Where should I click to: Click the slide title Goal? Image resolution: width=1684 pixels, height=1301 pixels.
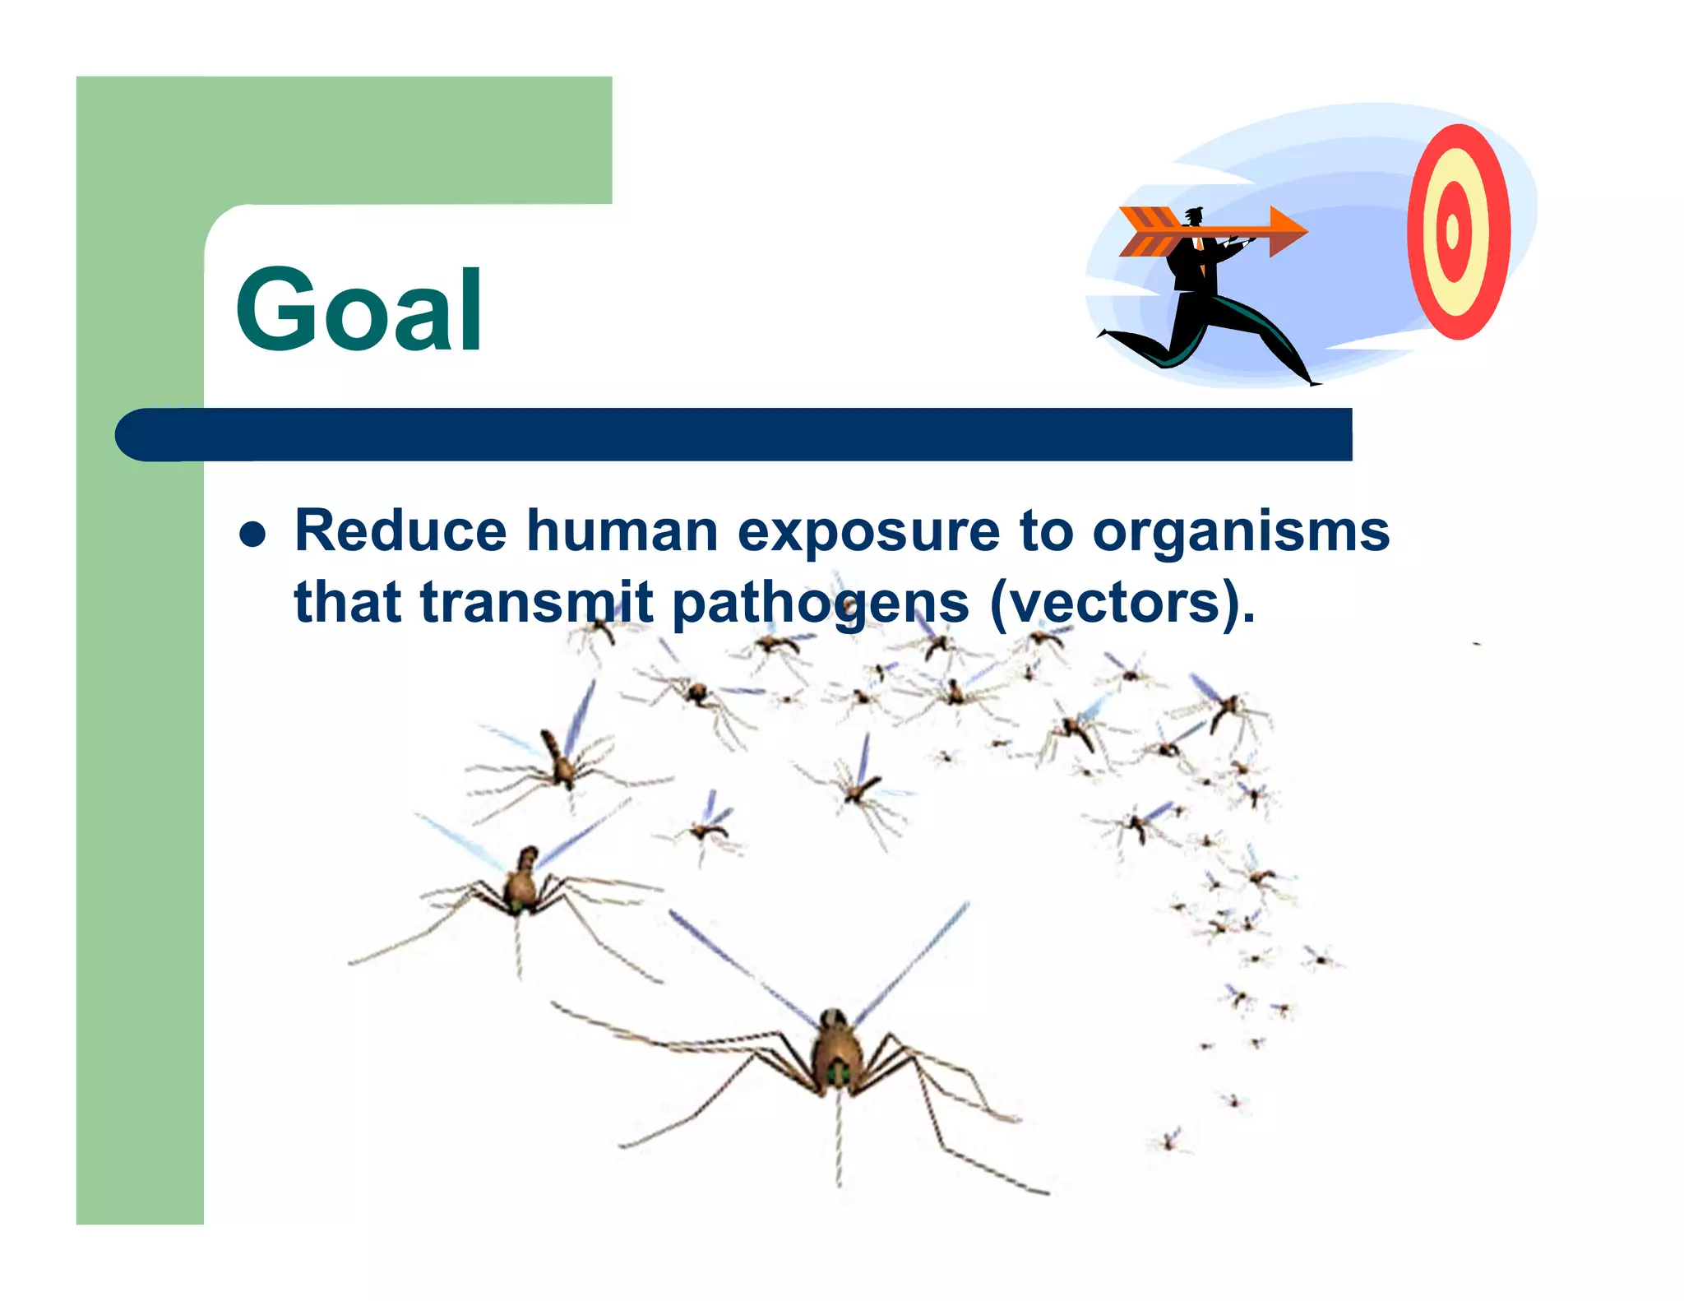pyautogui.click(x=359, y=311)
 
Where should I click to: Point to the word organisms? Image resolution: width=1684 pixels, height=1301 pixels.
pyautogui.click(x=1241, y=533)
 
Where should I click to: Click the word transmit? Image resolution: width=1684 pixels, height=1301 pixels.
pyautogui.click(x=536, y=602)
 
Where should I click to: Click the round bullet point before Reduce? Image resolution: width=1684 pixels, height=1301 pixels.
pyautogui.click(x=252, y=535)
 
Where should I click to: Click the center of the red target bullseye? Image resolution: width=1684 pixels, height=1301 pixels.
pyautogui.click(x=1453, y=231)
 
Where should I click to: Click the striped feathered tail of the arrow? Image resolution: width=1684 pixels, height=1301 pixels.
pyautogui.click(x=1150, y=231)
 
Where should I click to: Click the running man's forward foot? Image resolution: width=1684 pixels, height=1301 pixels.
pyautogui.click(x=1312, y=380)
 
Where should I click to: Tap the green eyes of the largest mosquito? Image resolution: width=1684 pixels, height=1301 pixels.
pyautogui.click(x=838, y=1072)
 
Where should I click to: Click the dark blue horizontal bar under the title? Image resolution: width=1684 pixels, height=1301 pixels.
pyautogui.click(x=740, y=434)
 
